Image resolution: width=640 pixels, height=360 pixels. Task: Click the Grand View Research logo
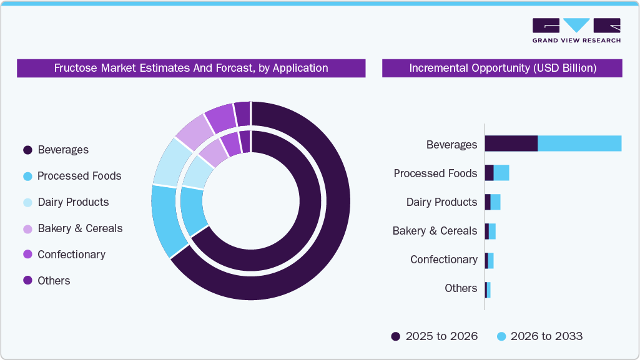pos(576,31)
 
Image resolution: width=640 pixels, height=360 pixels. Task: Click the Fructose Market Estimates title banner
pos(191,68)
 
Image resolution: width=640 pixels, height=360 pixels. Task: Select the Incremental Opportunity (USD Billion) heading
pos(502,68)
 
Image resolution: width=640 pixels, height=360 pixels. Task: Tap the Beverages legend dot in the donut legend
pos(27,150)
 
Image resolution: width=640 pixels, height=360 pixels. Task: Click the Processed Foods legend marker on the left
pos(27,177)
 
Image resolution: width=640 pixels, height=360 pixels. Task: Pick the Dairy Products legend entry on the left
pos(27,203)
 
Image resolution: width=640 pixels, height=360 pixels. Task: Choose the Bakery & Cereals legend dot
pos(27,229)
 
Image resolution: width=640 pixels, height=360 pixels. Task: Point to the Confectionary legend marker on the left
pos(27,255)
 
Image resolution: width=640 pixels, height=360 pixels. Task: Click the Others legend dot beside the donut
pos(27,281)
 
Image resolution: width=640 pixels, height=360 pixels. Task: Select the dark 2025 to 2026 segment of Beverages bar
pos(511,144)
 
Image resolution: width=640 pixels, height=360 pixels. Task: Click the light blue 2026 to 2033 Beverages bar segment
pos(579,144)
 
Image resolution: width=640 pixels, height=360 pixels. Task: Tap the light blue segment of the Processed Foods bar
pos(501,173)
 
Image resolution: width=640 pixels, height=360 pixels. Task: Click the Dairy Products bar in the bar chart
pos(493,202)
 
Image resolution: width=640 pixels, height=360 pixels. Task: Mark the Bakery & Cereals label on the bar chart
pos(435,231)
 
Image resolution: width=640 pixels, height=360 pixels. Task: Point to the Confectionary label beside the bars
pos(443,260)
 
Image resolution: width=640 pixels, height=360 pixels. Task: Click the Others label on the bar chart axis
pos(461,288)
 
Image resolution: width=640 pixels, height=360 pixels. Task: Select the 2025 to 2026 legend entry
pos(434,336)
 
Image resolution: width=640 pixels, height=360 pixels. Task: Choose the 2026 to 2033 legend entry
pos(539,336)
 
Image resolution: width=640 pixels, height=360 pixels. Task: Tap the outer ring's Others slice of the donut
pos(243,114)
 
